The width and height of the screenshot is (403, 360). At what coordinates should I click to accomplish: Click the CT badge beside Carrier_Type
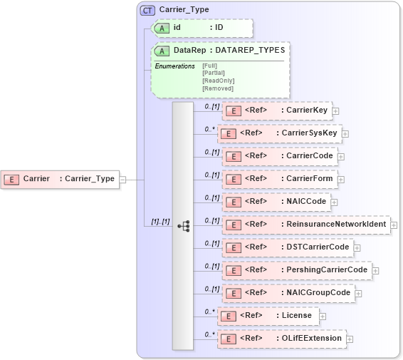coord(148,10)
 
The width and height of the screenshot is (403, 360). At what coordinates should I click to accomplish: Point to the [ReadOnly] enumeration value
coord(218,81)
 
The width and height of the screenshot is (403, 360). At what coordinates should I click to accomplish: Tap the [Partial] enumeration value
coord(214,73)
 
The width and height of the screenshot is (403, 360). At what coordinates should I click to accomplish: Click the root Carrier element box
coord(61,179)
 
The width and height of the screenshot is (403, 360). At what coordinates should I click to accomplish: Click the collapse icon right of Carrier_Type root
coord(122,180)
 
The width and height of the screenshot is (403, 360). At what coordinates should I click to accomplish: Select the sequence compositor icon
coord(183,225)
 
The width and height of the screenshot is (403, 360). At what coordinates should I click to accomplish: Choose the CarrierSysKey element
coord(278,133)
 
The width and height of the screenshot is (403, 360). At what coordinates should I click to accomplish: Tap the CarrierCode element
coord(279,156)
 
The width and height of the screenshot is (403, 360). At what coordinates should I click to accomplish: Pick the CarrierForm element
coord(279,179)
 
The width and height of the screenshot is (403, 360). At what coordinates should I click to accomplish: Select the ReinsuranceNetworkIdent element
coord(305,225)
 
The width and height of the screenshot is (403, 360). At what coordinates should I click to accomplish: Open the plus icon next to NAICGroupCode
coord(359,293)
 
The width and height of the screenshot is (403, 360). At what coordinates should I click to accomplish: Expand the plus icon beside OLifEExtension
coord(350,339)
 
